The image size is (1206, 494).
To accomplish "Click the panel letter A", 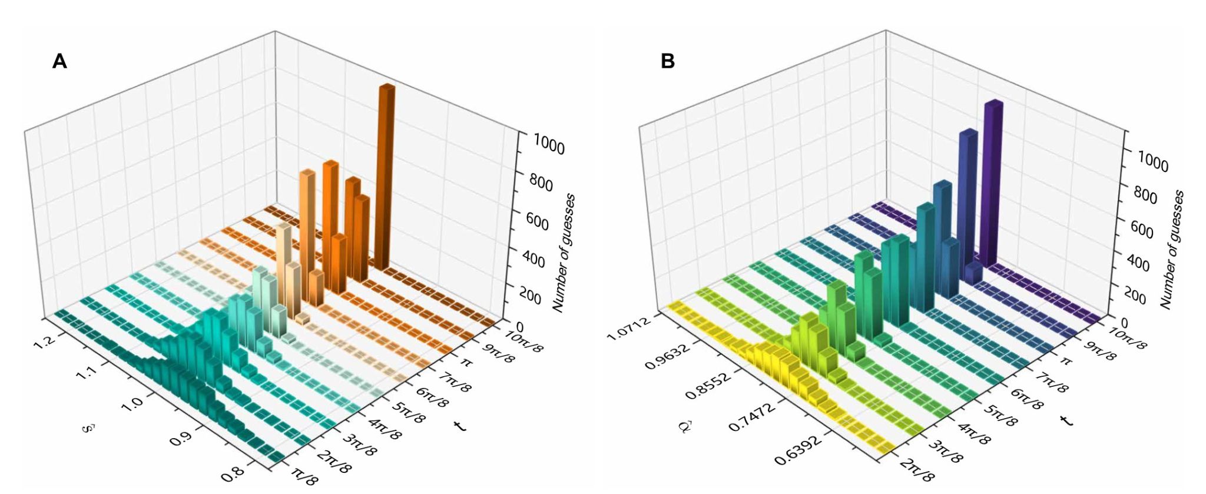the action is pyautogui.click(x=59, y=61).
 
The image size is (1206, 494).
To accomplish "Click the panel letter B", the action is pyautogui.click(x=668, y=61).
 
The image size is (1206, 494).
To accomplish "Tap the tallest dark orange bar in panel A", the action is pyautogui.click(x=386, y=177).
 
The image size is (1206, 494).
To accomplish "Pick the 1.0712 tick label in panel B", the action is pyautogui.click(x=630, y=328).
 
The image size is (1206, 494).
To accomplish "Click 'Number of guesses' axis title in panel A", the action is pyautogui.click(x=564, y=253).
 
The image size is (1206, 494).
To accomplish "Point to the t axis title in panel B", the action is pyautogui.click(x=1066, y=419).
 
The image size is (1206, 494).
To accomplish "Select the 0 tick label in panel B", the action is pyautogui.click(x=1125, y=323).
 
